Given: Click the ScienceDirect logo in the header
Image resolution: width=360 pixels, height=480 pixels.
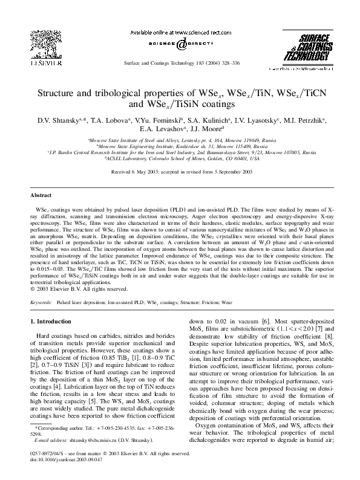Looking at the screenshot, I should click(x=180, y=44).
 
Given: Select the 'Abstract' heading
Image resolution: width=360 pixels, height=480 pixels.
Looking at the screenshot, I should click(x=41, y=196).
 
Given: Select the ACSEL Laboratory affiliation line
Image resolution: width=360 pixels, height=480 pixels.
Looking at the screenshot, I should click(x=180, y=158).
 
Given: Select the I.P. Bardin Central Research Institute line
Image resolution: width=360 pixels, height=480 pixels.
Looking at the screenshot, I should click(x=180, y=152).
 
